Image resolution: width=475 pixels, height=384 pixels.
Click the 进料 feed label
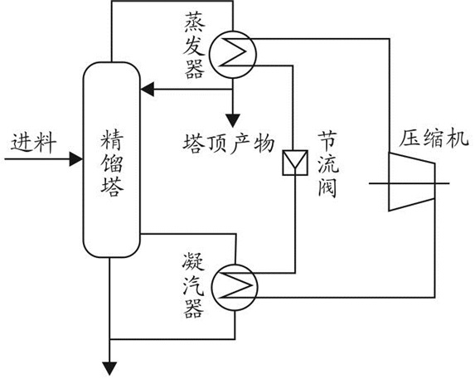34,142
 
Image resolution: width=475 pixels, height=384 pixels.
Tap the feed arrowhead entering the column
76,158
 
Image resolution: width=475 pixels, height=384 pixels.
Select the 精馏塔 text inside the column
112,163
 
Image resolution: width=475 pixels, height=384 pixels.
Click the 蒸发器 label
195,46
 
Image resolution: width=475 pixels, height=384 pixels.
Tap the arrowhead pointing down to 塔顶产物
233,120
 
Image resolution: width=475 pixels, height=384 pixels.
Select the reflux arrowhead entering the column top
148,90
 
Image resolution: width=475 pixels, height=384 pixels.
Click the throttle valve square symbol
295,163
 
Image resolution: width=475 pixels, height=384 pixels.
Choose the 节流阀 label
328,164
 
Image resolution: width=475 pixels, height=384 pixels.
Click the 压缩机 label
434,139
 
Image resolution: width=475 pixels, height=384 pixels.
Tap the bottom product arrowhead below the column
109,369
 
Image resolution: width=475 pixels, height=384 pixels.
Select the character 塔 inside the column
112,187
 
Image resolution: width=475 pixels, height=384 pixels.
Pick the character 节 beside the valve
328,142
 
